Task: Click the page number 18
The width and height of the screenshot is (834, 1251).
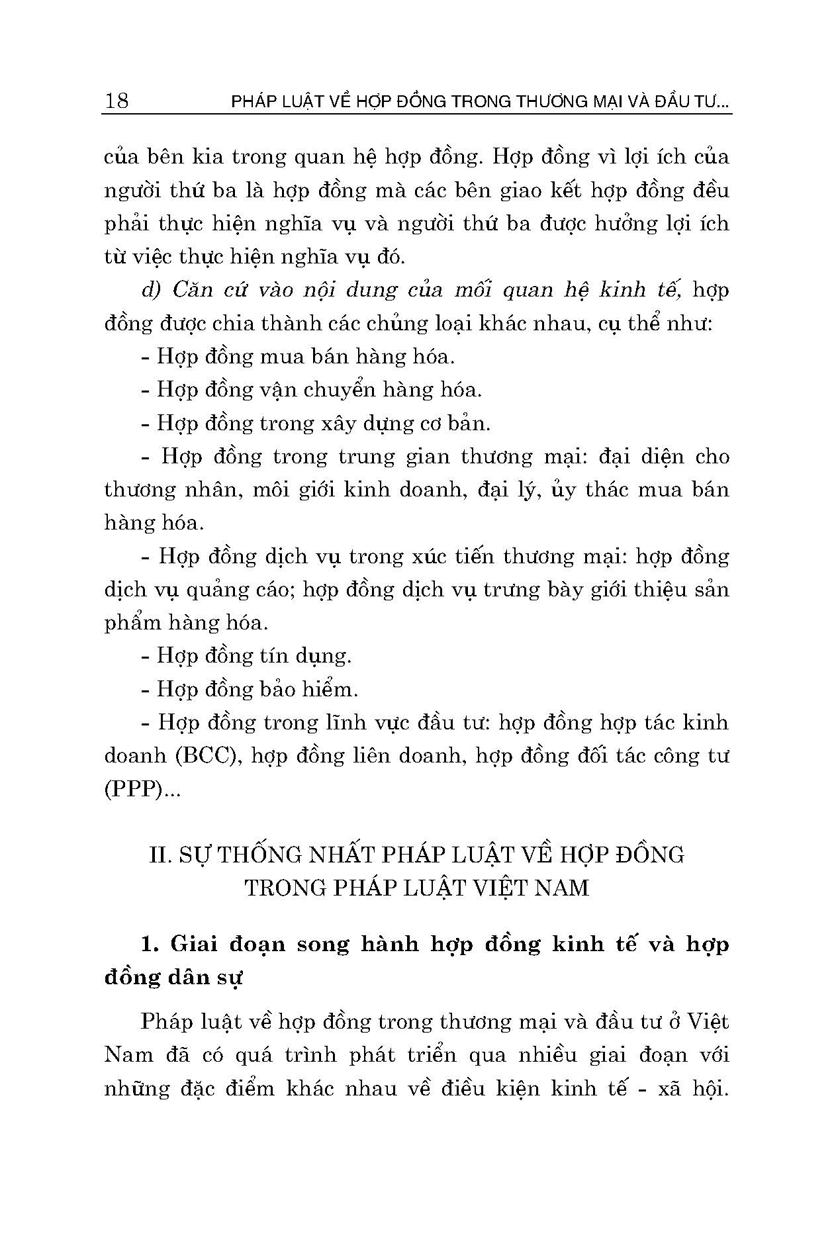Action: pos(116,101)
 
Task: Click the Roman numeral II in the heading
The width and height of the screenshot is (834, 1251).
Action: pos(160,855)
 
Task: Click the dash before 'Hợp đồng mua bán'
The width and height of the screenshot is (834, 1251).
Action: pos(146,357)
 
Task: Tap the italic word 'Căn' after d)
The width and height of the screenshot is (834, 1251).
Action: pos(191,291)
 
